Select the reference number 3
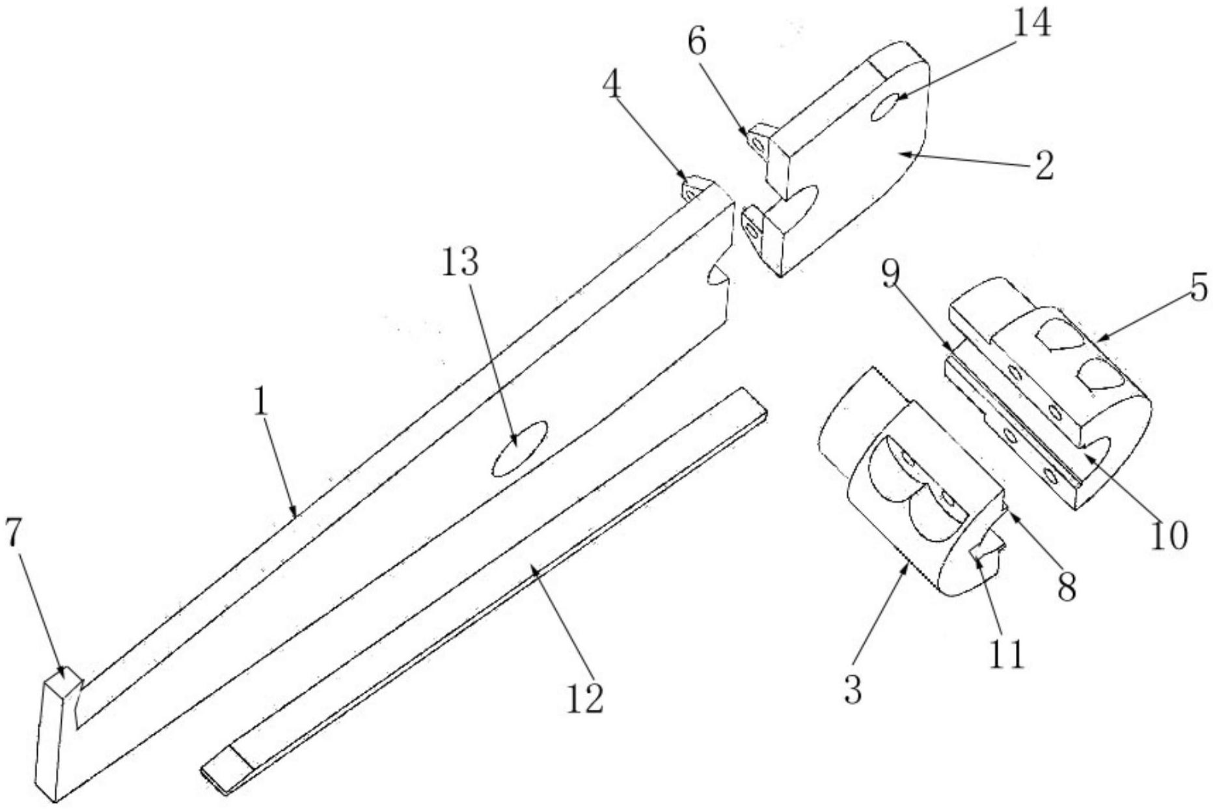point(853,690)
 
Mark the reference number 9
point(891,275)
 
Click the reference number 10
point(1169,536)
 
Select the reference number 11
point(1007,654)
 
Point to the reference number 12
point(585,697)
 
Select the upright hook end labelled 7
point(57,736)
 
